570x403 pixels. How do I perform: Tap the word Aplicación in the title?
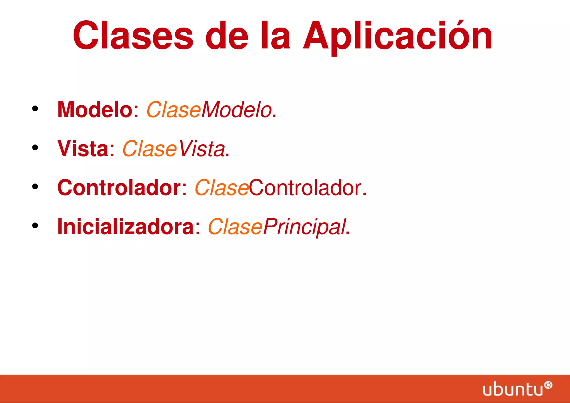tap(397, 36)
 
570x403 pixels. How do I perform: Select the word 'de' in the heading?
tap(227, 36)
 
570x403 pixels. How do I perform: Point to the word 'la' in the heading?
tap(276, 36)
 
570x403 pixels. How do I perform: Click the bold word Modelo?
tap(95, 110)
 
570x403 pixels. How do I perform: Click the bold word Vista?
tap(83, 149)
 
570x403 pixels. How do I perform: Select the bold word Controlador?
tap(119, 188)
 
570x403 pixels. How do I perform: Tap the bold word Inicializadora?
tap(125, 227)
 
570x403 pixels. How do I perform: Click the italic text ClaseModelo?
tap(209, 110)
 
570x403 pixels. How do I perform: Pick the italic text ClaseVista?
tap(173, 149)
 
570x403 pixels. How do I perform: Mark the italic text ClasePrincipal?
tap(277, 227)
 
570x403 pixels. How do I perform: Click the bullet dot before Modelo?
tap(35, 109)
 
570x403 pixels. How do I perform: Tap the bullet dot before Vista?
tap(35, 148)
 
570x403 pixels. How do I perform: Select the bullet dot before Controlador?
tap(35, 187)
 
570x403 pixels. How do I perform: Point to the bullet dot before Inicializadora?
tap(35, 226)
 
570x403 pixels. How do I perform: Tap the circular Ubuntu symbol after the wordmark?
tap(548, 385)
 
